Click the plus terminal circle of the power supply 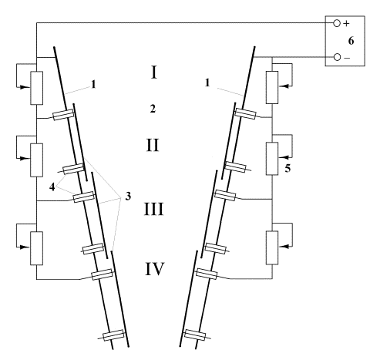pos(337,23)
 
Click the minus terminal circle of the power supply pos(337,57)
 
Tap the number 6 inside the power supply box pos(351,41)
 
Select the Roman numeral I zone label pos(154,72)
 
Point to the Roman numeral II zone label pos(153,145)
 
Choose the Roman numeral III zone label pos(153,209)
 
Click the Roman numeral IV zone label pos(154,269)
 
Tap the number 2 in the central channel pos(153,109)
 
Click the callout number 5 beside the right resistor pos(288,168)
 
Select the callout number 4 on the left pos(52,187)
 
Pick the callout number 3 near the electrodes pos(128,196)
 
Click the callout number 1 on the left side pos(94,84)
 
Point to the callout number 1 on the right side pos(207,82)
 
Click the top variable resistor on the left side pos(37,88)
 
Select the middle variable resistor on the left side pos(37,160)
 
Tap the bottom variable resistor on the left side pos(37,248)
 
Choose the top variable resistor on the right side pos(272,87)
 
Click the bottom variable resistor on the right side pos(272,247)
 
